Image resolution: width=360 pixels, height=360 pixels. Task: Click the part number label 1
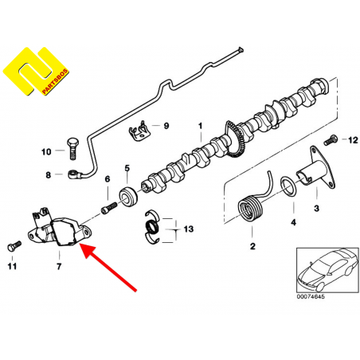pos(201,126)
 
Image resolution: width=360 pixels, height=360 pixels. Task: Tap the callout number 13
pos(189,229)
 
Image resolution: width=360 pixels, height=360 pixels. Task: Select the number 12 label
pos(353,140)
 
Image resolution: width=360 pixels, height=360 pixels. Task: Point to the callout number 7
pos(59,266)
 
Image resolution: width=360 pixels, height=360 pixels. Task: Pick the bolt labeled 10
pos(72,148)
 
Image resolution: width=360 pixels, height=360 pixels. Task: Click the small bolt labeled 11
pos(14,246)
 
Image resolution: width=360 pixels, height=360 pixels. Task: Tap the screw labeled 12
pos(331,140)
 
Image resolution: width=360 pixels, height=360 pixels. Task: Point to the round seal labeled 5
pos(128,197)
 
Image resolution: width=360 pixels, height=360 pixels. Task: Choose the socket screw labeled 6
pos(109,207)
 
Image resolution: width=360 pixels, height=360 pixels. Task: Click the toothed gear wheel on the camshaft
pos(234,139)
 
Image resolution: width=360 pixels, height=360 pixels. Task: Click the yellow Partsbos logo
pos(36,71)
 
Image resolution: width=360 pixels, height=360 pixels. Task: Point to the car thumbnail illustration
pos(327,269)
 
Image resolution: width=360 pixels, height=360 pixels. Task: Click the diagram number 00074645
pos(311,296)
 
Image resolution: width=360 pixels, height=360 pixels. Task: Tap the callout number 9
pos(166,126)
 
